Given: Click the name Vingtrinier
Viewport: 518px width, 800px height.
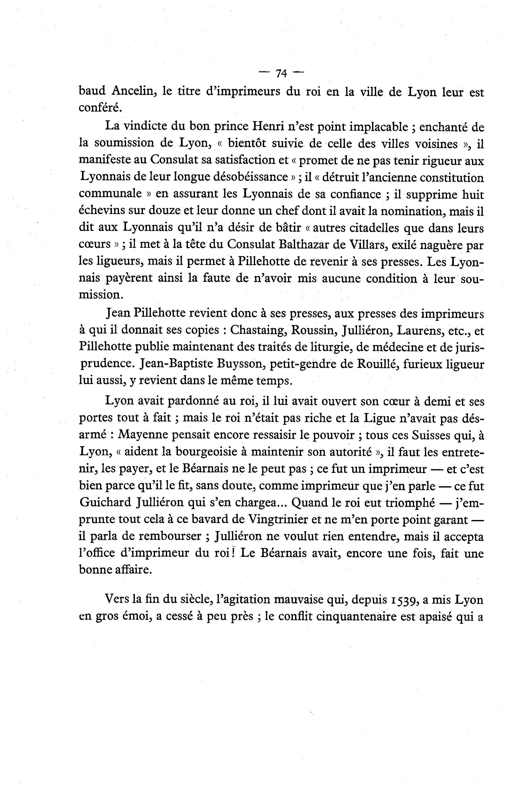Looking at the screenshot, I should click(278, 520).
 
